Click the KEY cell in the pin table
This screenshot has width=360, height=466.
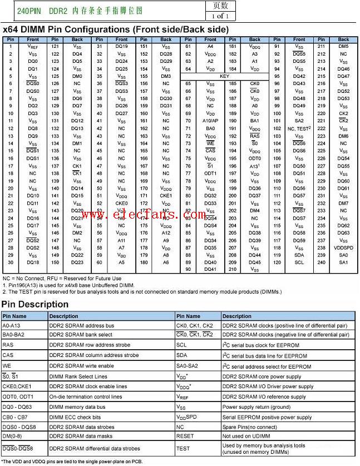coord(224,76)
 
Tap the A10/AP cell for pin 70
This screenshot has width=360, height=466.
coord(210,121)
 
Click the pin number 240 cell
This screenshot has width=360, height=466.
coord(321,262)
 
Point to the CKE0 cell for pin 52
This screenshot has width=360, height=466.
coord(121,203)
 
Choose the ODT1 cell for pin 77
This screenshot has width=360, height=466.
coord(210,173)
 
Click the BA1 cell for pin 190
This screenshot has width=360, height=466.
coord(254,121)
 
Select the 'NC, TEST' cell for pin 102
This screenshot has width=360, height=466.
coord(299,128)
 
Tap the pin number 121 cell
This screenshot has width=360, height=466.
coord(55,47)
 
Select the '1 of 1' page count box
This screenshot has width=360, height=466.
coord(220,16)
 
